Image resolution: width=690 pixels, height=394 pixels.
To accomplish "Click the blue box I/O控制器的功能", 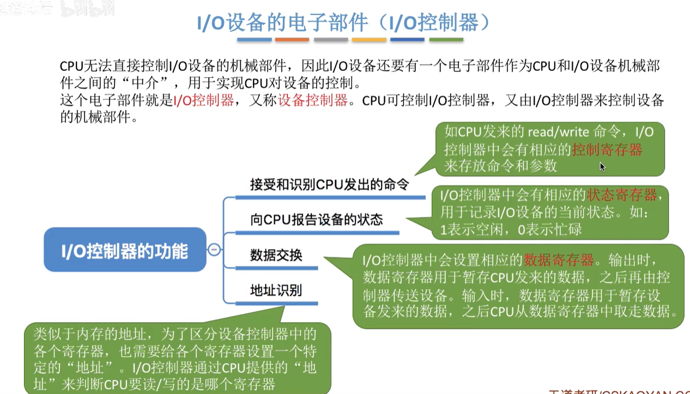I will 125,251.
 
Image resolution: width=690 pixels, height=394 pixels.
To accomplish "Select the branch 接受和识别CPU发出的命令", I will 329,184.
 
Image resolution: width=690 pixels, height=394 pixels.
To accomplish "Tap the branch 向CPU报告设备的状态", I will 317,220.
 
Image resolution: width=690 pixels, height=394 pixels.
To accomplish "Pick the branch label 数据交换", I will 276,255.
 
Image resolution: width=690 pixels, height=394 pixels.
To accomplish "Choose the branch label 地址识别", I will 276,290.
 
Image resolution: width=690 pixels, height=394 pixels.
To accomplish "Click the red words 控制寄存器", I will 607,149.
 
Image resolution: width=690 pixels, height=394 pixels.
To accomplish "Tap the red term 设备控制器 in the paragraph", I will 313,101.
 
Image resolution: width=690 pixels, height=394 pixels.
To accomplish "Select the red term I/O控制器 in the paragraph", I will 203,101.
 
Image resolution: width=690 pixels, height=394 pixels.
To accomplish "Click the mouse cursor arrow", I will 602,166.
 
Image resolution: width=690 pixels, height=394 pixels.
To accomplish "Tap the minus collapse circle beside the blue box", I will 215,250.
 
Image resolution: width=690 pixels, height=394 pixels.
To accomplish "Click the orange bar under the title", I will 292,40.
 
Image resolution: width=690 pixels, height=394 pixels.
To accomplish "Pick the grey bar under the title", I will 331,40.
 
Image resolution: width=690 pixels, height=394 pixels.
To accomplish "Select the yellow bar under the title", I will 369,40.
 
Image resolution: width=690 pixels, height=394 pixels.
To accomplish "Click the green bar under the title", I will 446,40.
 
